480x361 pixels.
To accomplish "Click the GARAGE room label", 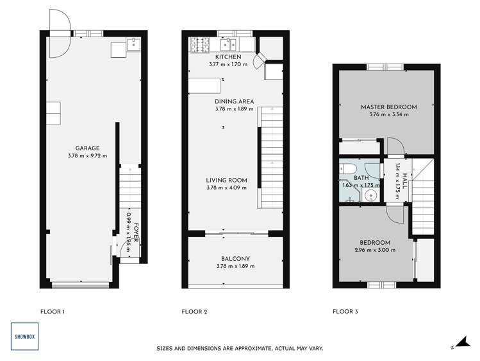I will (x=87, y=148).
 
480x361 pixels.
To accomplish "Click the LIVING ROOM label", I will (x=226, y=180).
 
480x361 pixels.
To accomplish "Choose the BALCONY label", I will (x=235, y=259).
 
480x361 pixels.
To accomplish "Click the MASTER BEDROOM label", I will (x=388, y=107).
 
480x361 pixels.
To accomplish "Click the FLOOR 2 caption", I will (x=194, y=312).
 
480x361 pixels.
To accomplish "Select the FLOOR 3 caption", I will (x=345, y=312).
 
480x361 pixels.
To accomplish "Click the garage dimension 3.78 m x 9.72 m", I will (x=87, y=156).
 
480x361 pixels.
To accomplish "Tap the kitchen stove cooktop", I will (x=200, y=44).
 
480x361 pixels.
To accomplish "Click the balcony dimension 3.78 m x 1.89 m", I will (x=235, y=267).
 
